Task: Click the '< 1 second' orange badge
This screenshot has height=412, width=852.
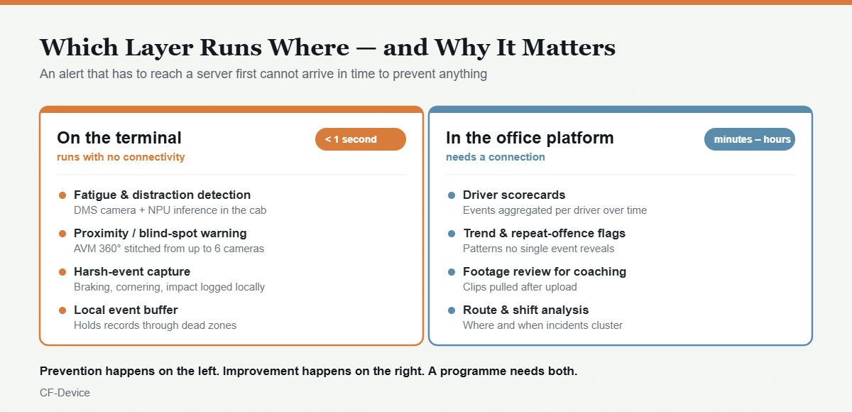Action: coord(361,139)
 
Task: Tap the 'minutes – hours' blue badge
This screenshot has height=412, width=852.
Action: coord(750,139)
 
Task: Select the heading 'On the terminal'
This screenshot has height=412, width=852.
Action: coord(119,138)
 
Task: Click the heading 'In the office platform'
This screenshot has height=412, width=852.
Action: coord(530,138)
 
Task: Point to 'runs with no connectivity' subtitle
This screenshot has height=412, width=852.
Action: coord(121,157)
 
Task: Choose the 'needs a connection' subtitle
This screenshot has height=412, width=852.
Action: coord(496,157)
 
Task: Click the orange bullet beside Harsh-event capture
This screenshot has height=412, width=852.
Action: coord(62,272)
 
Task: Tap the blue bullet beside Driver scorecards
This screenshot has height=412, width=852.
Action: coord(452,195)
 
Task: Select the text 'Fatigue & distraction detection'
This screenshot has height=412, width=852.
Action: coord(162,195)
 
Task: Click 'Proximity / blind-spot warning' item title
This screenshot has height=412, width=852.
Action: coord(160,233)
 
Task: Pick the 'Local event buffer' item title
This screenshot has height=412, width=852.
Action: coord(126,310)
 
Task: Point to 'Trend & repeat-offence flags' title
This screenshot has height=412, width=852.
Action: coord(544,233)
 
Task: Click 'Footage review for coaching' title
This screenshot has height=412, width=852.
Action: coord(545,271)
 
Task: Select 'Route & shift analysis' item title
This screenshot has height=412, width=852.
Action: coord(525,310)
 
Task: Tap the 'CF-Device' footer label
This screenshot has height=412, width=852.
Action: coord(65,393)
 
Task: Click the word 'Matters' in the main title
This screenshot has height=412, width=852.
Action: coord(568,48)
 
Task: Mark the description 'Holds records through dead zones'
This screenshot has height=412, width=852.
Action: coord(155,325)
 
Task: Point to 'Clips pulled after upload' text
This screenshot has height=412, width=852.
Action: coord(520,287)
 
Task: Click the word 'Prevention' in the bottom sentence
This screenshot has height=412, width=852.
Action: coord(71,371)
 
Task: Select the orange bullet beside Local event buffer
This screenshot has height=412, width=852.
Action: coord(62,310)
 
